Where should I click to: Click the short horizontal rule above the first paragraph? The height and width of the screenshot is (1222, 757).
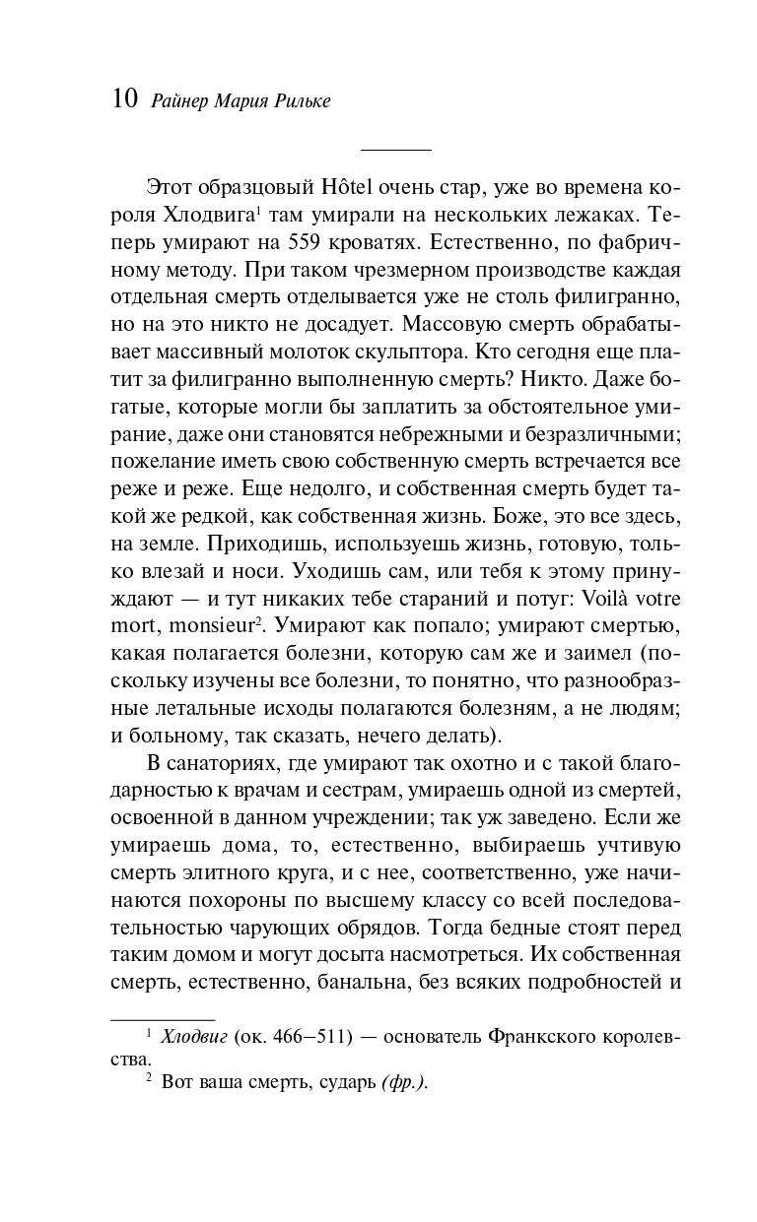point(396,150)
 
